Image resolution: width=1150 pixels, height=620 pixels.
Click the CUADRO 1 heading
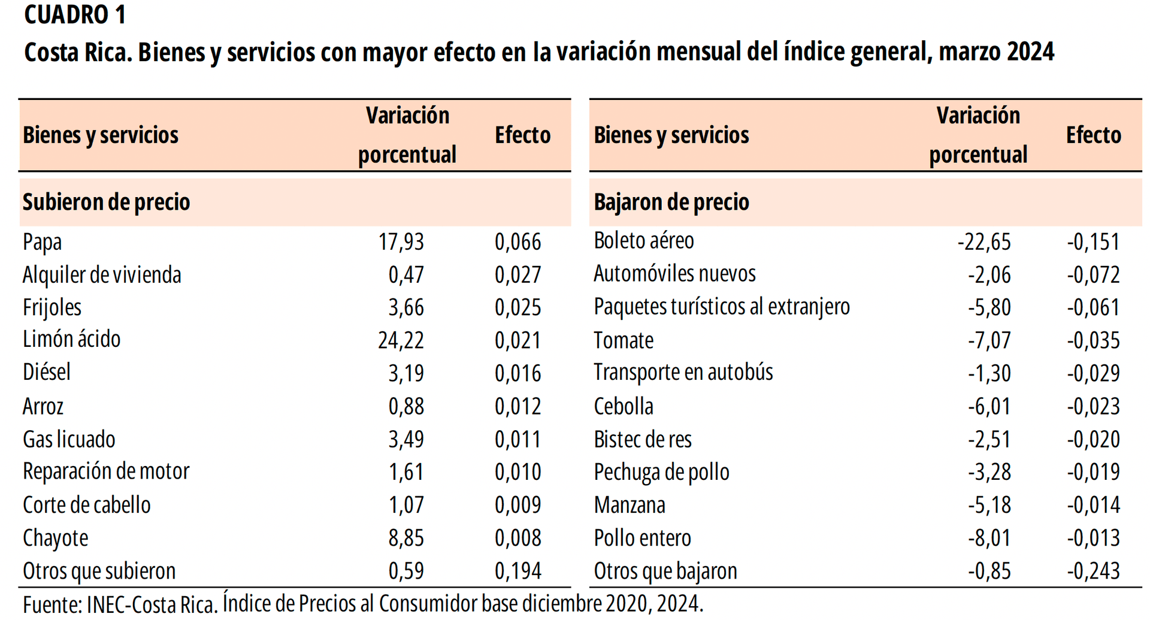pos(75,15)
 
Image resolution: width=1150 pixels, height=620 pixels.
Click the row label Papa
pos(42,242)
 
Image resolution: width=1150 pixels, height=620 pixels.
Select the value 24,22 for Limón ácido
pos(401,340)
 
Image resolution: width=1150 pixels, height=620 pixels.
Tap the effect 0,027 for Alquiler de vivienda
pos(517,275)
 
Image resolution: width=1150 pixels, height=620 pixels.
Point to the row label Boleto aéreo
pos(643,241)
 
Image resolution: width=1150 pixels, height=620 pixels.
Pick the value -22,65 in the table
pos(983,242)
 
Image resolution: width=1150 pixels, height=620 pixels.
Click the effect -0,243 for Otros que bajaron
pos(1092,571)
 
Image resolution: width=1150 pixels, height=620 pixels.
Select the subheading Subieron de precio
pos(106,202)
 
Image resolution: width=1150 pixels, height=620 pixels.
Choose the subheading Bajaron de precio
pos(671,202)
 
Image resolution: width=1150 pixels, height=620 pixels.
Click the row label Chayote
pos(55,538)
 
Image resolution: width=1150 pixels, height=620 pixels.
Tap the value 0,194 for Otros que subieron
pos(517,571)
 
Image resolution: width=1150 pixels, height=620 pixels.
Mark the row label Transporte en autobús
pos(683,373)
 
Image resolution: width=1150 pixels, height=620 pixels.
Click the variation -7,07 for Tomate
pos(989,340)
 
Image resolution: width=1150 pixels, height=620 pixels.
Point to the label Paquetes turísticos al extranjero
pos(721,307)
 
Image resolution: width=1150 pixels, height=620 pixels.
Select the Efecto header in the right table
pos(1093,135)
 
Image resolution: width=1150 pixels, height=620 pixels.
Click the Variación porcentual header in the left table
pos(407,135)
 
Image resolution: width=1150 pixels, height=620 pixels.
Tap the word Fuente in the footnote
pos(50,604)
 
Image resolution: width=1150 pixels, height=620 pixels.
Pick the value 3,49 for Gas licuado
pos(405,439)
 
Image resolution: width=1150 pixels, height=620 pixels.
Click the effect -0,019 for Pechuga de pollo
pos(1092,472)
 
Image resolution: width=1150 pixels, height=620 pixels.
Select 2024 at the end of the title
pos(1030,52)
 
